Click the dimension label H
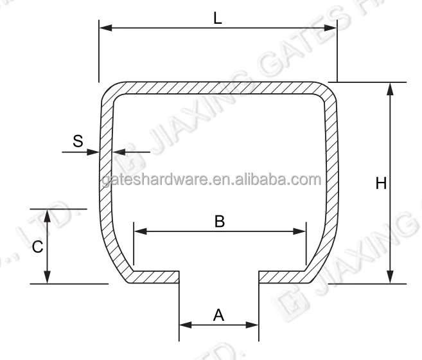pyautogui.click(x=381, y=184)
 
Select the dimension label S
pyautogui.click(x=78, y=141)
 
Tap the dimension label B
pyautogui.click(x=219, y=221)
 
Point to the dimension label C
pyautogui.click(x=38, y=246)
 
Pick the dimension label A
pyautogui.click(x=218, y=315)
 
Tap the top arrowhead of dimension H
pyautogui.click(x=390, y=89)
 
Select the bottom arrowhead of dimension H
pyautogui.click(x=390, y=277)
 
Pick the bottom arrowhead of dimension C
pyautogui.click(x=48, y=277)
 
